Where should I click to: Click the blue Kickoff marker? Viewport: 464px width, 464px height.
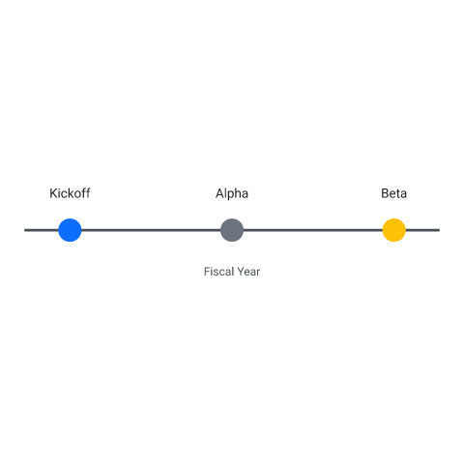click(x=70, y=230)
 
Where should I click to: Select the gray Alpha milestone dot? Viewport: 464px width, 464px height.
click(x=232, y=230)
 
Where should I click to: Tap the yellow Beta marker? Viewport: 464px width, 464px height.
click(x=394, y=230)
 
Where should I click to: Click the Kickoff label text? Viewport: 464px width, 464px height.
click(x=70, y=193)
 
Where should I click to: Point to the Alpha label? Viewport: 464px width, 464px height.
click(x=232, y=193)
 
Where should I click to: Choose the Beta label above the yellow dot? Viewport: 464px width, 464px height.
click(x=394, y=193)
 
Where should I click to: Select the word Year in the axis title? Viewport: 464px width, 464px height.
click(x=248, y=272)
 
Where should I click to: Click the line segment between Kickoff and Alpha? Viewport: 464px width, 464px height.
click(x=151, y=230)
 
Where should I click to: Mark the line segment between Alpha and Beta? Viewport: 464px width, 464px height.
click(x=313, y=230)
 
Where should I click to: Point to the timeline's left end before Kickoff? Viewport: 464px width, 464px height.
click(x=25, y=230)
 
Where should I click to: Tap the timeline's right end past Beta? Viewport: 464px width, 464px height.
click(x=439, y=230)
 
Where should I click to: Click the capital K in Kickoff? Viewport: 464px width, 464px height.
click(x=53, y=193)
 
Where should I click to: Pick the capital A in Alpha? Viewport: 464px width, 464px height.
click(x=219, y=193)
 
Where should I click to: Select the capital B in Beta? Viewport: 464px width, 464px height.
click(x=385, y=193)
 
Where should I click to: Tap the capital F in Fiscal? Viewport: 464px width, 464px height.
click(x=207, y=272)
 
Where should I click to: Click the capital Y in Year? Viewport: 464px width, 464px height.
click(x=241, y=272)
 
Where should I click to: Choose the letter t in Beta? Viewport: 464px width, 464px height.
click(x=398, y=194)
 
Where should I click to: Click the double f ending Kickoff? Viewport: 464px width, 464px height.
click(x=86, y=193)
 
